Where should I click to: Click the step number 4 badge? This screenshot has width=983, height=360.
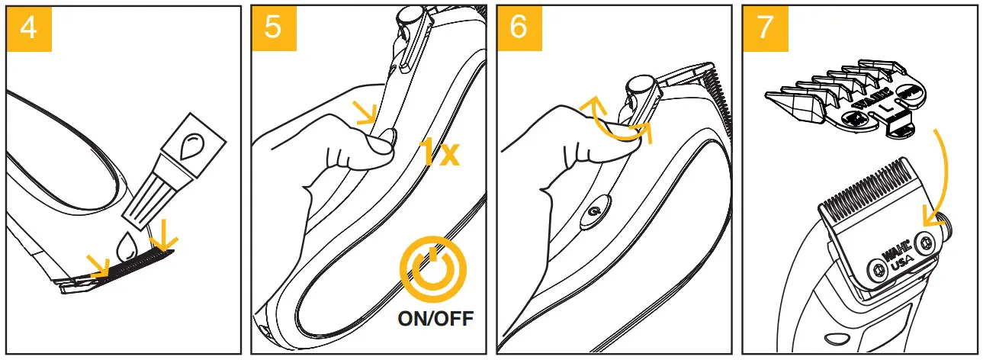coord(27,27)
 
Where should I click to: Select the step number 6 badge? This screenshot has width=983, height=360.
coord(519,27)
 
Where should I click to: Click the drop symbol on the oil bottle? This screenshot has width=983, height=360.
coord(195,142)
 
